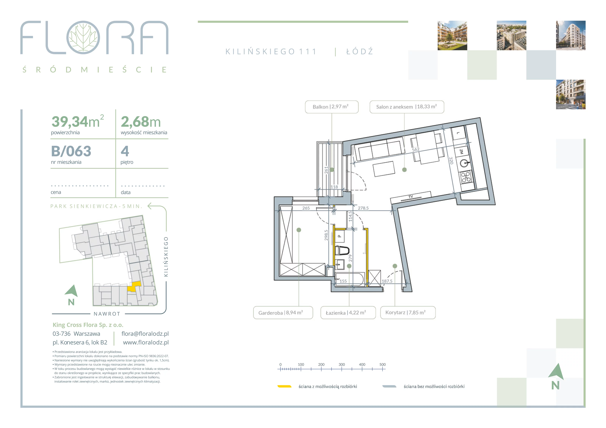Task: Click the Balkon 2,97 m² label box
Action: [332, 107]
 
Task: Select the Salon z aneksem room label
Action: [407, 107]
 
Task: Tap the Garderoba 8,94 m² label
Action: [283, 313]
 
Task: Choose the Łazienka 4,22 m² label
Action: [348, 313]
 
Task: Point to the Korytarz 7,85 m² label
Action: [408, 313]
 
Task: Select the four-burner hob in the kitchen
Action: [466, 177]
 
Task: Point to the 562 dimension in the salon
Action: [416, 149]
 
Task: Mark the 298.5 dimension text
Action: [326, 235]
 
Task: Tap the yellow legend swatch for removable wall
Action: [284, 386]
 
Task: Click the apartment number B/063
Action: [71, 151]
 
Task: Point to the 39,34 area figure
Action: [70, 122]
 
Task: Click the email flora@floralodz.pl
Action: [145, 334]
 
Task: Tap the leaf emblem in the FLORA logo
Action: [83, 37]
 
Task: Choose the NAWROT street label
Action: [107, 314]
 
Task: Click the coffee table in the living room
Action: [384, 169]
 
